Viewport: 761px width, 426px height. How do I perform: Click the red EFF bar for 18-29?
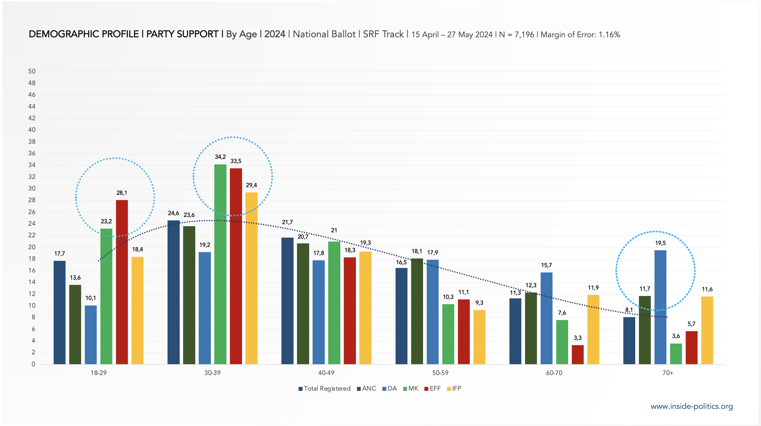(122, 282)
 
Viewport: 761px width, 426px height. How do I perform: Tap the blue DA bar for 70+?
(660, 307)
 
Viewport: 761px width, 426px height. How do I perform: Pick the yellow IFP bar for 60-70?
(593, 329)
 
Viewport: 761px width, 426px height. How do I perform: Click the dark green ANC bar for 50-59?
(417, 311)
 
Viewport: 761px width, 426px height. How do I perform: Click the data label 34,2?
(220, 157)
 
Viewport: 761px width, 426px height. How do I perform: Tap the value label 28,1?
(122, 193)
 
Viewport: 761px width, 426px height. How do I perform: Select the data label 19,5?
(660, 243)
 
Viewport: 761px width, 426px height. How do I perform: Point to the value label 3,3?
(578, 338)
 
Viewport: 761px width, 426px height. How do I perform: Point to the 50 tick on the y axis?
(32, 72)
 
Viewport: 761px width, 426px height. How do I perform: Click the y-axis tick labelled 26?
(32, 212)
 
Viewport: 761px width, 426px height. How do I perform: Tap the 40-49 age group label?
(326, 373)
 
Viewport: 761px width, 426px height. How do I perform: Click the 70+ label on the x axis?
(668, 373)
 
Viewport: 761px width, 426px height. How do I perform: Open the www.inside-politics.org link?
(692, 406)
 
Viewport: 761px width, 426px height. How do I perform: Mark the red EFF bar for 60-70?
(578, 354)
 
